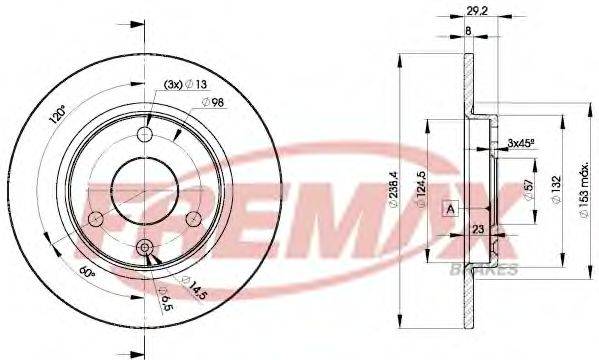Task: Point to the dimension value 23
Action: coord(481,230)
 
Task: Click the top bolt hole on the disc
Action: coord(145,136)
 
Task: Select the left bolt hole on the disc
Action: coord(97,218)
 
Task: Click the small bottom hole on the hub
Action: coord(145,247)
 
